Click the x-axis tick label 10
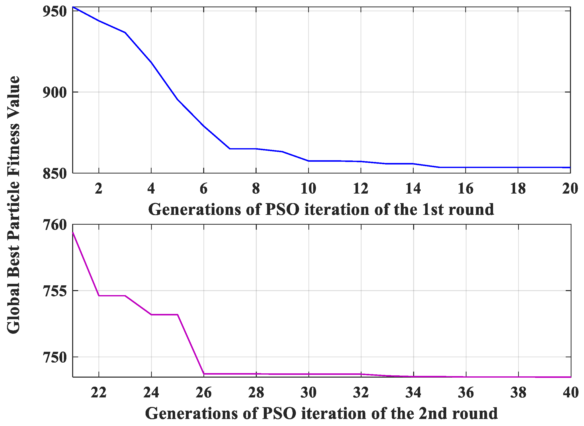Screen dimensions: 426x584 tap(308, 189)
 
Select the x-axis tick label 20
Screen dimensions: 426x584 tap(570, 189)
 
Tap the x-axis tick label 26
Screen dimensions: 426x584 tap(203, 393)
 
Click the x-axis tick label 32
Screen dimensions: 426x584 tap(361, 393)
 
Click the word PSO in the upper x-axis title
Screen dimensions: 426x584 tap(282, 209)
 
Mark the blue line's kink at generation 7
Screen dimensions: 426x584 tap(229, 149)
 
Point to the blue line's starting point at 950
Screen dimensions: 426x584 tap(73, 7)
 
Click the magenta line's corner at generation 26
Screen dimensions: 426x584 tap(204, 374)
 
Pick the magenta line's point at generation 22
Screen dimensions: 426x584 tap(99, 296)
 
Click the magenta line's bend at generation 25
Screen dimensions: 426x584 tap(177, 315)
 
